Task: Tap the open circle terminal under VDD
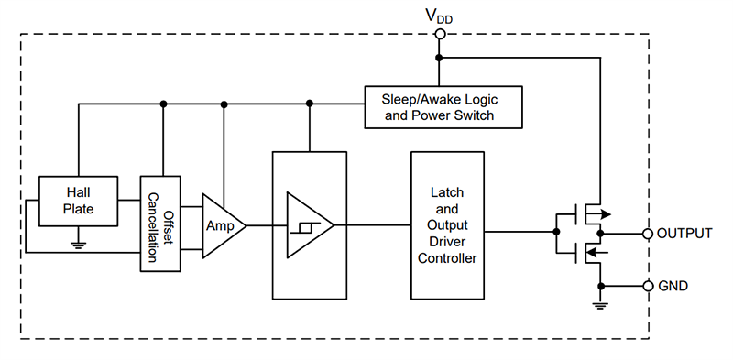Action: point(440,34)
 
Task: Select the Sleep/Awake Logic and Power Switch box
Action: point(443,106)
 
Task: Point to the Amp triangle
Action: point(222,225)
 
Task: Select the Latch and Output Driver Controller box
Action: point(448,225)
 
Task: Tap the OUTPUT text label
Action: point(684,234)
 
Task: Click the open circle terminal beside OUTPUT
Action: point(648,234)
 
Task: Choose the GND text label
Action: point(673,286)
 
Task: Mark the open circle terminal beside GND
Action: point(648,286)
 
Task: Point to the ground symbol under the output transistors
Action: point(600,306)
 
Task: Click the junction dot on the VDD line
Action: point(440,58)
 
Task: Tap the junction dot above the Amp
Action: point(223,103)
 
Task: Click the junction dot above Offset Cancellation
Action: point(163,103)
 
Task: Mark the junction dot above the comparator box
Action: point(310,103)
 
